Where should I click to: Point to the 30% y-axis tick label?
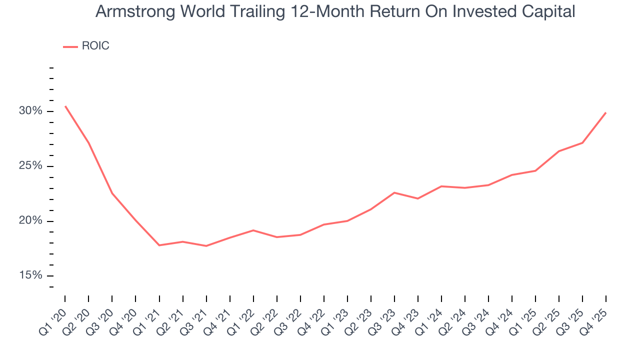coord(30,111)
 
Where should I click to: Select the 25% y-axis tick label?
coord(30,166)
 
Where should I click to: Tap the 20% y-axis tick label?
coord(30,221)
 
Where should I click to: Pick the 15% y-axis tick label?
coord(30,276)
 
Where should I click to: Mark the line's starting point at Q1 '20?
coord(65,106)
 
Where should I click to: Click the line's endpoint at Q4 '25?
coord(606,112)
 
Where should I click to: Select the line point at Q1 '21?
coord(159,245)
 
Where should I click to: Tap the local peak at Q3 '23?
coord(394,192)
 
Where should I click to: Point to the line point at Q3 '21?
coord(206,246)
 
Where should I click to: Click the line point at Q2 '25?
coord(559,151)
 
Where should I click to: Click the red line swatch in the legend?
coord(70,46)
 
